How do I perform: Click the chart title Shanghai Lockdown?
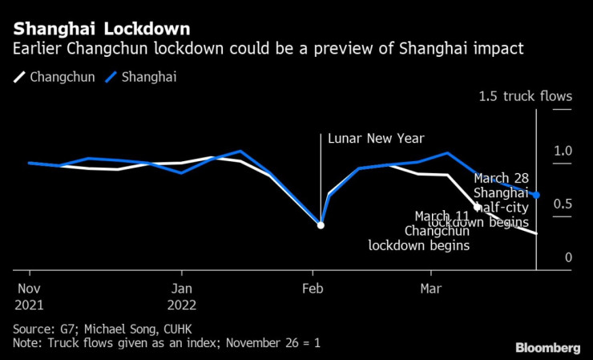102,29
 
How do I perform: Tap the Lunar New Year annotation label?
376,138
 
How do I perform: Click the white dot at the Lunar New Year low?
321,225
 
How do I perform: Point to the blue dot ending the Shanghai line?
536,195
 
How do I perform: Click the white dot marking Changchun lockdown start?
478,206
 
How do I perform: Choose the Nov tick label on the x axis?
29,289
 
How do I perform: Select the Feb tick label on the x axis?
313,289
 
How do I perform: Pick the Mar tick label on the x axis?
431,289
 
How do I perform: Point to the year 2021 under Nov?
30,305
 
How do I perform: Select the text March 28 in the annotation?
502,178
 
